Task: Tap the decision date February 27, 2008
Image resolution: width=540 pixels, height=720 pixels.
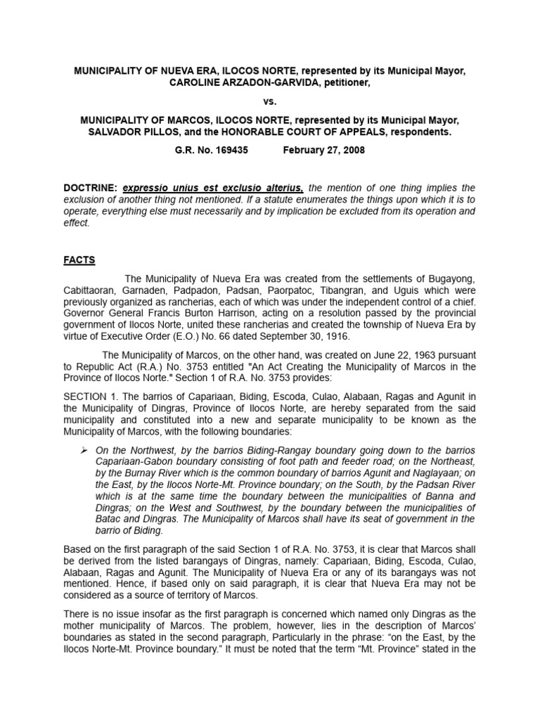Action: click(x=323, y=150)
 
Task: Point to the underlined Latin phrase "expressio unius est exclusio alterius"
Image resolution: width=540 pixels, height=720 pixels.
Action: click(x=214, y=188)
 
